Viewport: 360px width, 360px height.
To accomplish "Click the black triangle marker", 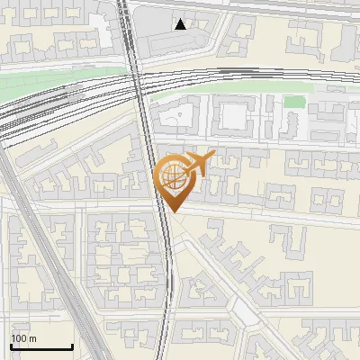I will [x=181, y=24].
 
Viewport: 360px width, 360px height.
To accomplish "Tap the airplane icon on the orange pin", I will [x=199, y=163].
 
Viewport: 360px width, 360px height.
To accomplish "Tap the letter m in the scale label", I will [x=33, y=338].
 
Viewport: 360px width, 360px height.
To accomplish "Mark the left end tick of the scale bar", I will [x=11, y=346].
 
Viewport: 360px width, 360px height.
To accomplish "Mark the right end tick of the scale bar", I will [x=72, y=346].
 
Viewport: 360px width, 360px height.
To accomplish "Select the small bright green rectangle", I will [x=293, y=102].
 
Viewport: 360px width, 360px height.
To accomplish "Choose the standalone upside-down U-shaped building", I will [x=286, y=239].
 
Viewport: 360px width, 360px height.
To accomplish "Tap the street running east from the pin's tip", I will [x=270, y=216].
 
